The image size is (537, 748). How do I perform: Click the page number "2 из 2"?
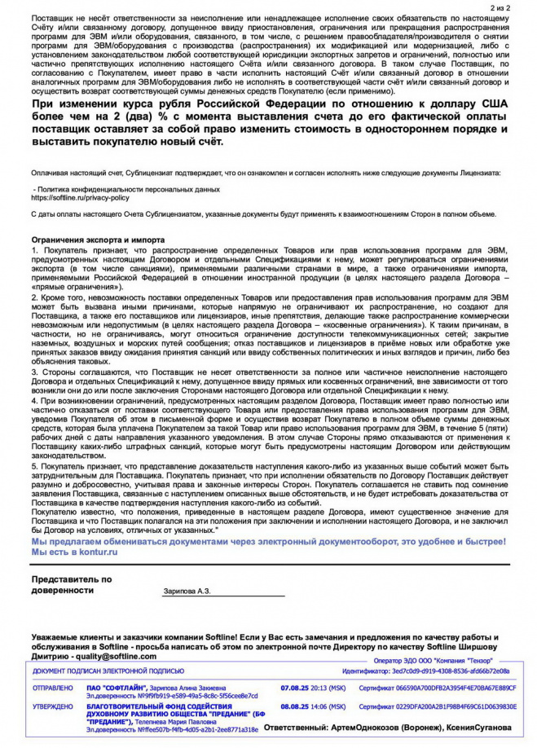click(x=499, y=7)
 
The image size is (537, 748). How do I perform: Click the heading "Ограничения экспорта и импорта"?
click(x=98, y=240)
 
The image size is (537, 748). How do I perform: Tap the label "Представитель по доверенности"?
click(x=72, y=583)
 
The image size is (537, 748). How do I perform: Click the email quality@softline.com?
click(x=114, y=655)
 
